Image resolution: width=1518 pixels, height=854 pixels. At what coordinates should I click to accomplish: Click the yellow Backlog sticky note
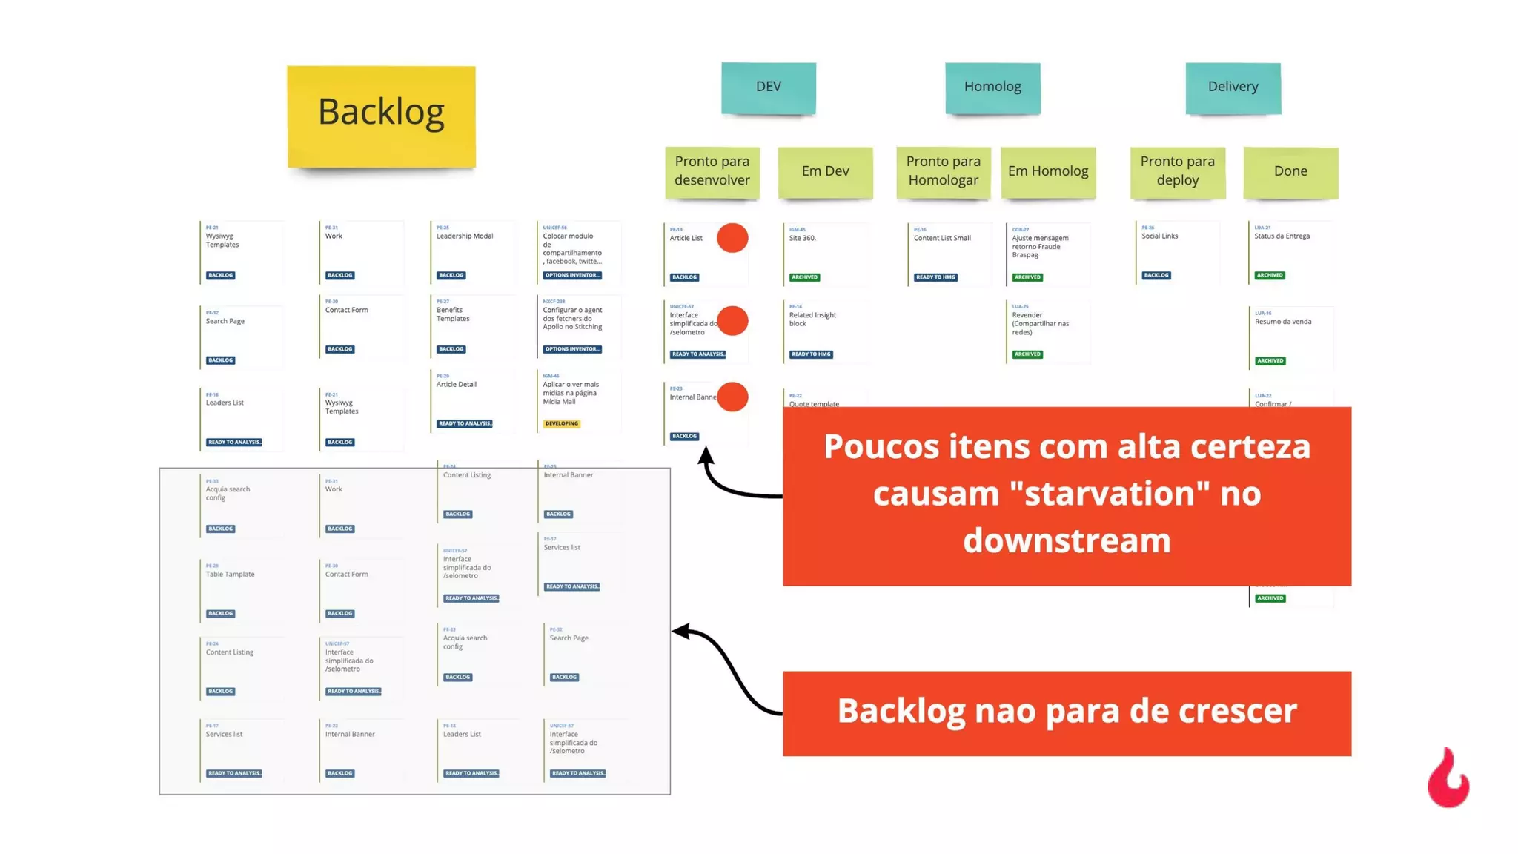381,116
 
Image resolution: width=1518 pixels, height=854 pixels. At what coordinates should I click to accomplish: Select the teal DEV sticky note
769,87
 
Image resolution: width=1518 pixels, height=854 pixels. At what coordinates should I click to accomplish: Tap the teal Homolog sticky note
992,87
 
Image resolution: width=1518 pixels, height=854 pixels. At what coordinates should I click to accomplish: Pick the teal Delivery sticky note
1233,87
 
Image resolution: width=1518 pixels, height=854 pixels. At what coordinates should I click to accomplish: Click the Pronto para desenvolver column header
712,171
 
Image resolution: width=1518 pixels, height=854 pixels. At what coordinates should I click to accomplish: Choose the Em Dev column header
825,171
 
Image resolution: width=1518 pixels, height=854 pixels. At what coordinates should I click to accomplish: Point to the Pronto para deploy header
1177,171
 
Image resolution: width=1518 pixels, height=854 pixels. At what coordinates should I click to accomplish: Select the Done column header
1290,171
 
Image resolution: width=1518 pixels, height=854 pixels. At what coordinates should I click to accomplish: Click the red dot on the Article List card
732,238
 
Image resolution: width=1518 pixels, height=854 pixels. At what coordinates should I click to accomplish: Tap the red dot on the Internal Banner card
732,397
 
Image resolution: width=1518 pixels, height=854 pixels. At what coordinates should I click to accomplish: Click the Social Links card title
1159,236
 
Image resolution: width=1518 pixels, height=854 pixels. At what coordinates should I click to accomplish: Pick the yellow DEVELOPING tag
562,424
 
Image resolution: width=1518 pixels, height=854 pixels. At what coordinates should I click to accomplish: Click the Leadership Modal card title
465,236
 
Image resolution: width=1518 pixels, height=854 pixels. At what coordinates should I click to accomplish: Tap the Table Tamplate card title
230,575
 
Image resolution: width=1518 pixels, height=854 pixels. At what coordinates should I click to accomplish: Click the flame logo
1448,780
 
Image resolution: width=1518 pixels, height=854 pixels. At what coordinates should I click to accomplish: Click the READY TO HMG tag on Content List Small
935,277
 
